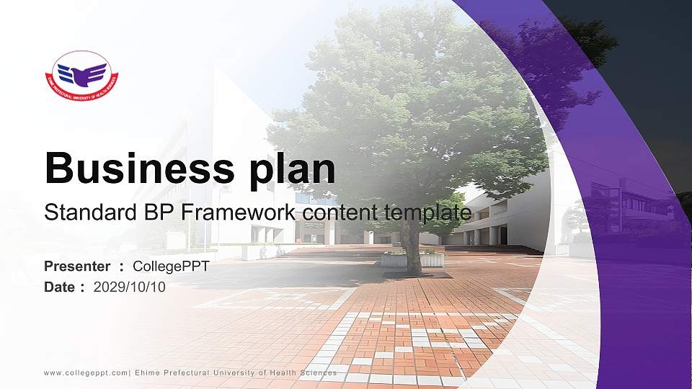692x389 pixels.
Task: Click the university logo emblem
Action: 82,74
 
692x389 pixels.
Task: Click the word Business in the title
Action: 136,169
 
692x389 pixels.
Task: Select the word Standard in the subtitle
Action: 84,213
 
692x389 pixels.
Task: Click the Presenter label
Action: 77,267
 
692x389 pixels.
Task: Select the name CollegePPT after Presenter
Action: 171,267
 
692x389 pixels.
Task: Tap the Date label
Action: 60,287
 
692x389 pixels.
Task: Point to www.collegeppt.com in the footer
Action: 85,373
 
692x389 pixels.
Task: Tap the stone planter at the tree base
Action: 412,259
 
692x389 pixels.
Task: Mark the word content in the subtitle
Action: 342,213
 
